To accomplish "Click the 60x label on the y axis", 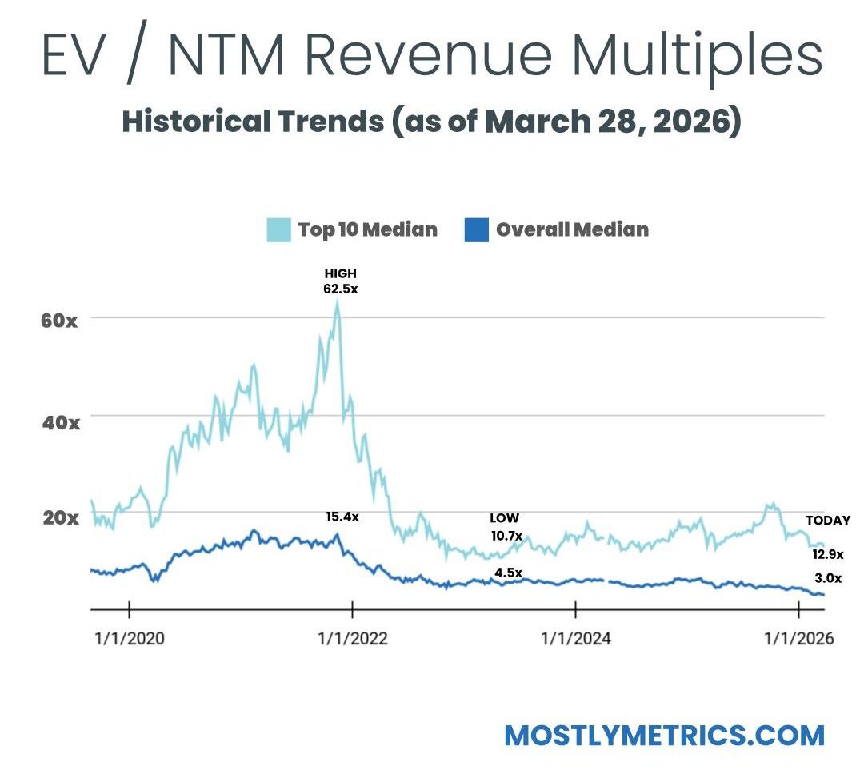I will [60, 321].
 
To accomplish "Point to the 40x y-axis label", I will [60, 421].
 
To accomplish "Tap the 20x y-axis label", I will [60, 517].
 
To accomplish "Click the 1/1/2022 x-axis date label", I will [353, 638].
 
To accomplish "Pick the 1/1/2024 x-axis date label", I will [576, 638].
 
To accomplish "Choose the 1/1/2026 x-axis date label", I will [799, 638].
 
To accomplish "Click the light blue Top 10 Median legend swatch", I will [278, 230].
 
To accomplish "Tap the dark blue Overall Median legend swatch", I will [476, 230].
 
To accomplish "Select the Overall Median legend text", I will [572, 230].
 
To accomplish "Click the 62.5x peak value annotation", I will [340, 289].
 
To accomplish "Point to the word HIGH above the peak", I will [340, 273].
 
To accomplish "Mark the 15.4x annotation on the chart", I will [342, 517].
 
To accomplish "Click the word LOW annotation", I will [504, 518].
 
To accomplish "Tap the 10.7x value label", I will [506, 535].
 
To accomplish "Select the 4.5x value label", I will [508, 573].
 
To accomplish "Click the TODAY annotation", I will [828, 521].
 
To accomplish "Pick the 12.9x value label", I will [828, 553].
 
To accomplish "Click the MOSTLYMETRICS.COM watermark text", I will [664, 735].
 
